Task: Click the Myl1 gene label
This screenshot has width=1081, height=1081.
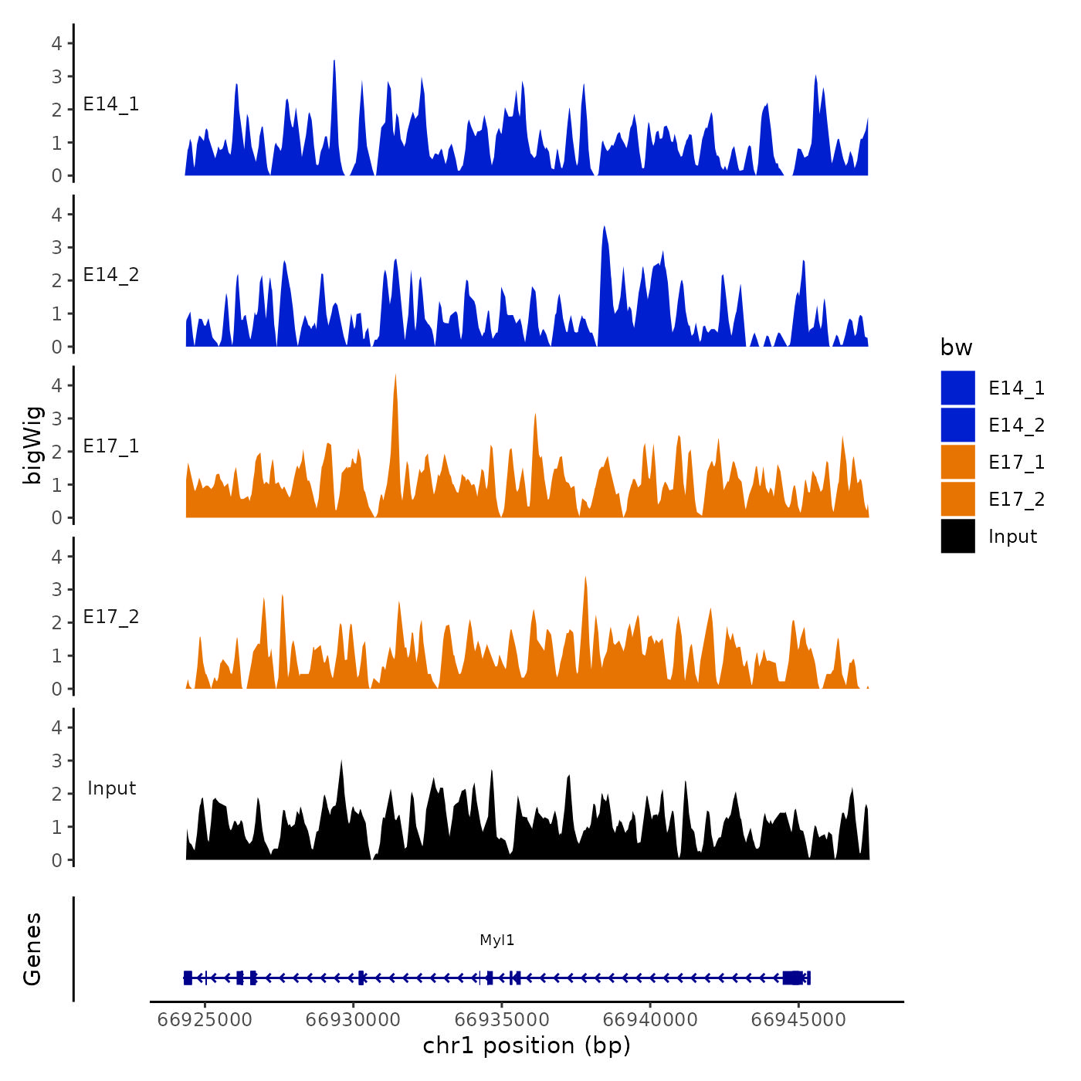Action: tap(496, 940)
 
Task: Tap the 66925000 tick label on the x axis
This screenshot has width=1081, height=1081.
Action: tap(205, 1019)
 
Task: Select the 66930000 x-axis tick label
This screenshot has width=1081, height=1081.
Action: tap(353, 1019)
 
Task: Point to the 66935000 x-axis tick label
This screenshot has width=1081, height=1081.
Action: tap(502, 1019)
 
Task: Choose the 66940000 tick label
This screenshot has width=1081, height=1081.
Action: tap(650, 1019)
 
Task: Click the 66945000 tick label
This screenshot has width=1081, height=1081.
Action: tap(798, 1019)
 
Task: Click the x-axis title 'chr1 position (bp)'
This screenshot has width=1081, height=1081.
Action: tap(527, 1045)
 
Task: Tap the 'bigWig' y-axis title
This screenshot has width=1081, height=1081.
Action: tap(32, 446)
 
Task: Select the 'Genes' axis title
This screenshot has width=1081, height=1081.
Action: tap(32, 949)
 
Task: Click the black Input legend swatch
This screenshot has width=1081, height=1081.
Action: tap(957, 536)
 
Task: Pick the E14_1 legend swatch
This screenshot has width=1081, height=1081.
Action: tap(957, 388)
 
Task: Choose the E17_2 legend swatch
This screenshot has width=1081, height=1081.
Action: tap(957, 499)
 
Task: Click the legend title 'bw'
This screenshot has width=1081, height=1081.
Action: tap(956, 347)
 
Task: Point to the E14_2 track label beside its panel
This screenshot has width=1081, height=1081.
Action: tap(111, 275)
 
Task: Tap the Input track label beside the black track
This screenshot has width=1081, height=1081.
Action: tap(111, 788)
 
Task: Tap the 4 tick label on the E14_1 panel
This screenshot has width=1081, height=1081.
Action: tap(56, 43)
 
